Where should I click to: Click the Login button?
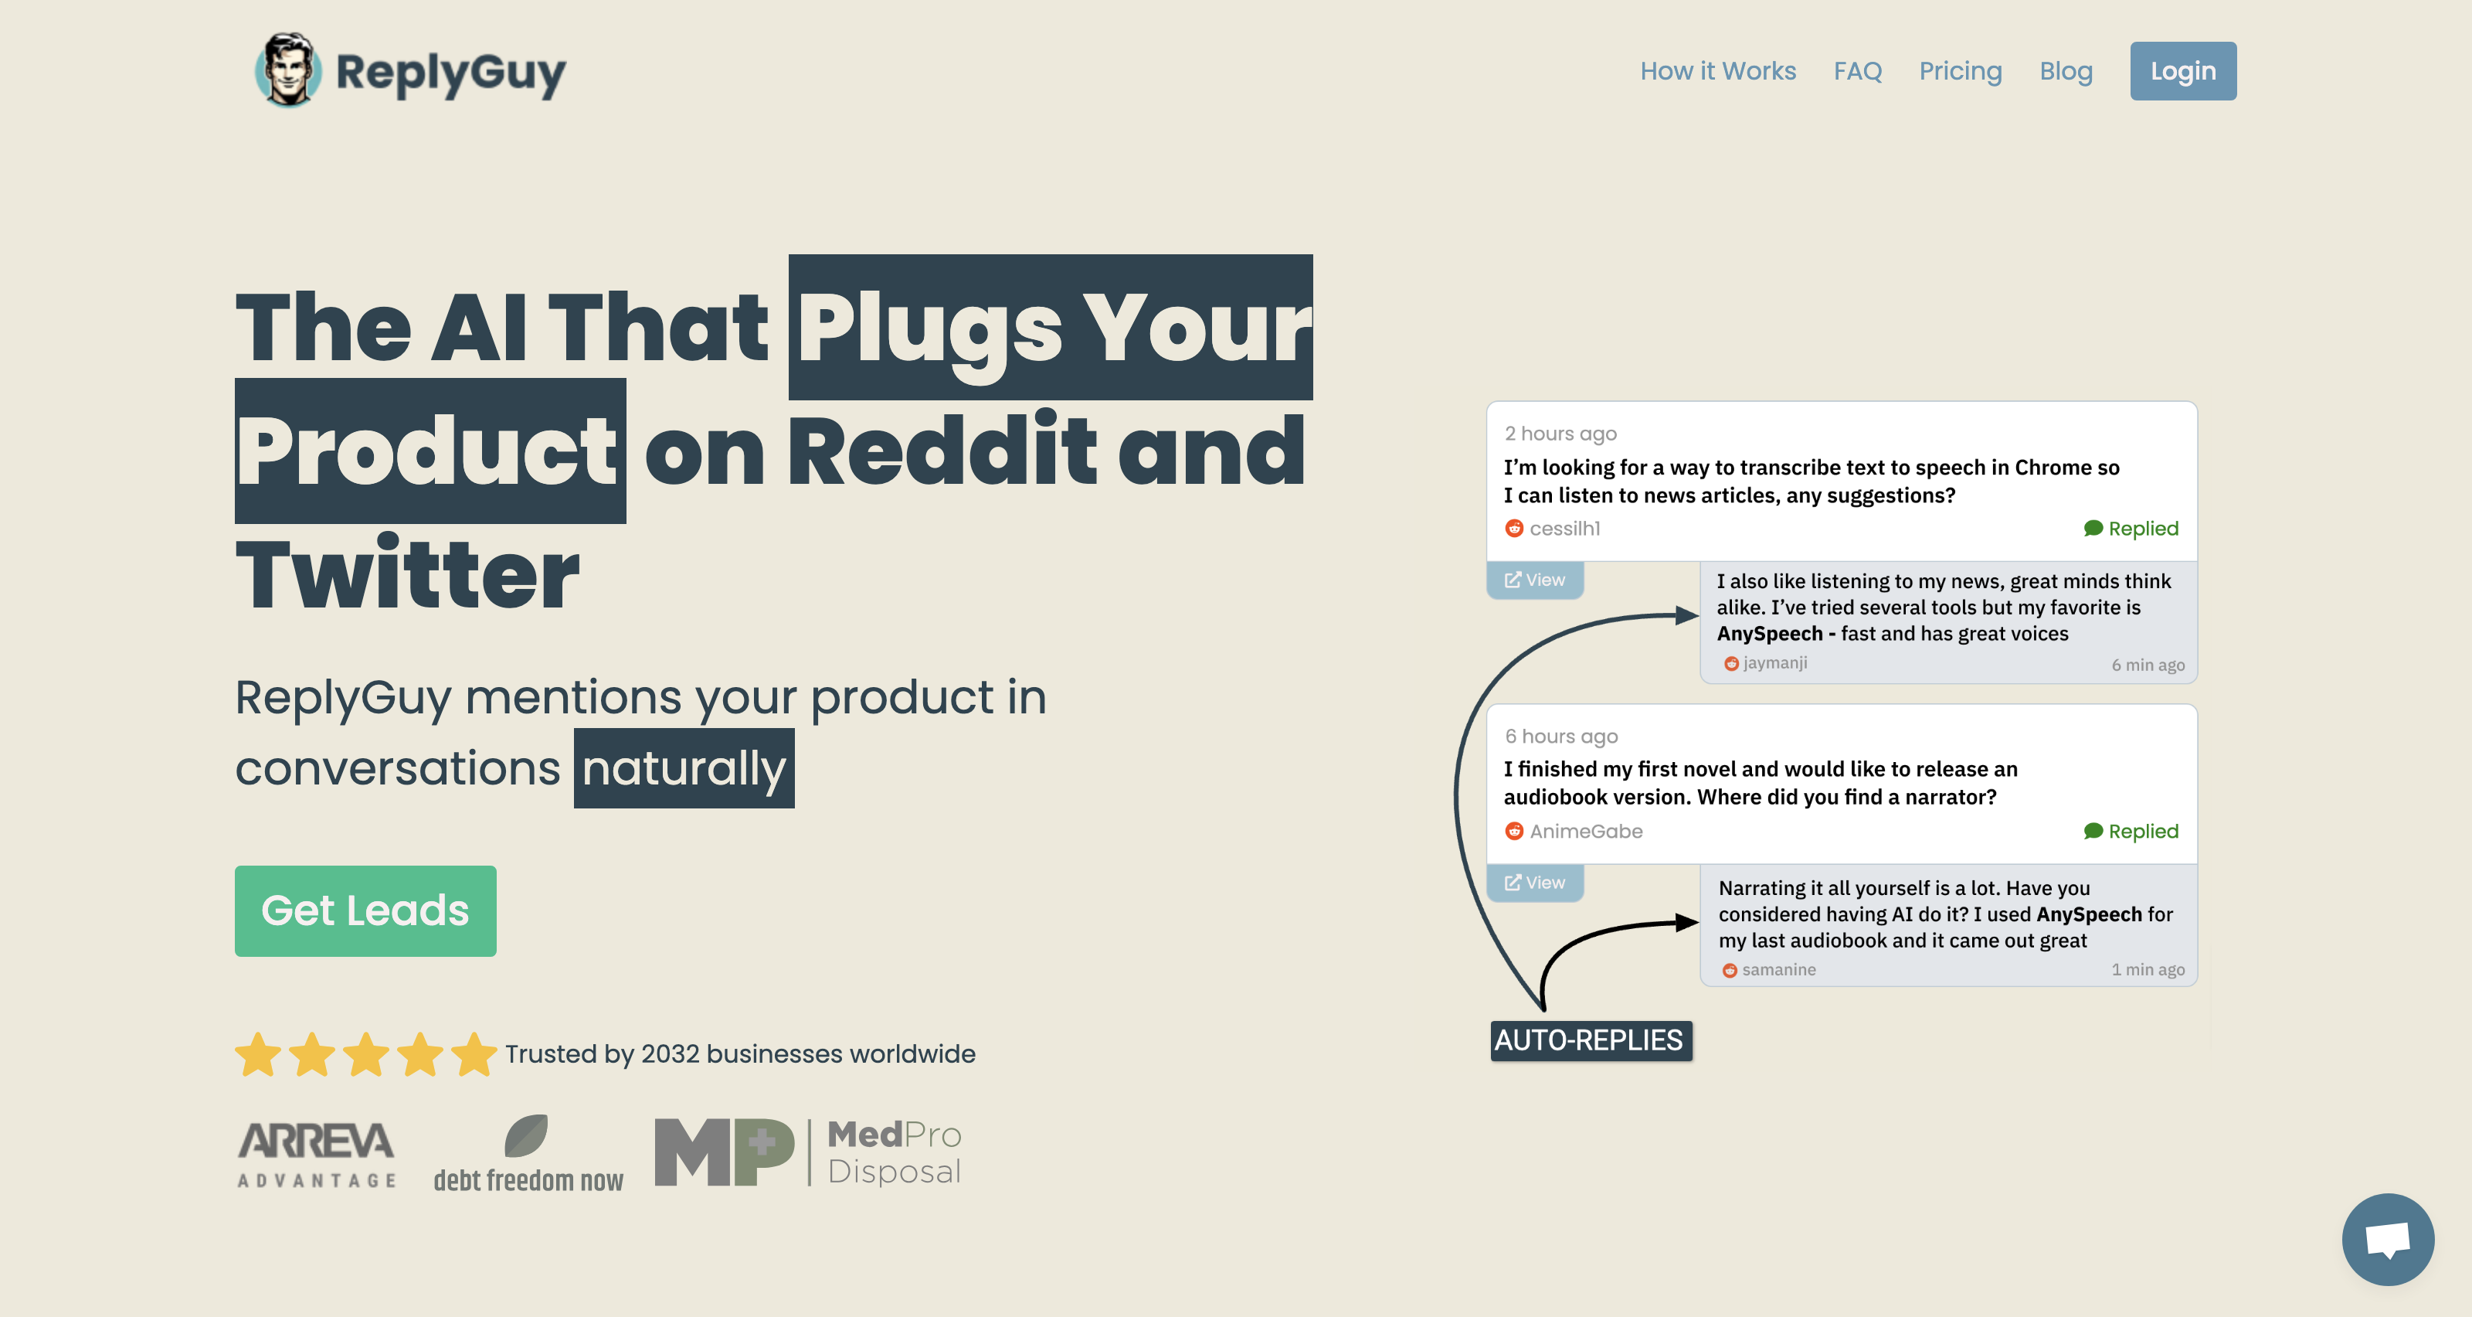pos(2182,71)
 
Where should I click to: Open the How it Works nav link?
pos(1718,71)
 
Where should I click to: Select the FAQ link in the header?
pos(1857,71)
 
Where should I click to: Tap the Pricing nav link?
pos(1961,72)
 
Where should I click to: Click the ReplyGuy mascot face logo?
pos(288,70)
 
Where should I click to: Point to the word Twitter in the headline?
pos(408,574)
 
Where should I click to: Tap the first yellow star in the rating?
pos(258,1054)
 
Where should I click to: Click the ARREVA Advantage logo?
pos(317,1154)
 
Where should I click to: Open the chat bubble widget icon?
pos(2388,1238)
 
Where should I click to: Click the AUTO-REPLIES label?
pos(1590,1040)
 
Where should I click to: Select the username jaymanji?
pos(1774,662)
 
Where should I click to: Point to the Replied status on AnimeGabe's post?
pos(2131,832)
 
